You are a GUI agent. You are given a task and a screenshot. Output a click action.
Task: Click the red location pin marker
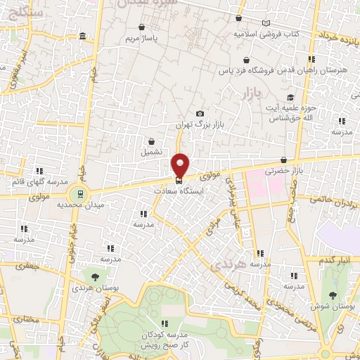181,164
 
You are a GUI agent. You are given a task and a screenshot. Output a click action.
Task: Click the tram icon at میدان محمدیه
80,193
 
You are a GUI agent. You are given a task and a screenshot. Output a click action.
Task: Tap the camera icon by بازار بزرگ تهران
200,114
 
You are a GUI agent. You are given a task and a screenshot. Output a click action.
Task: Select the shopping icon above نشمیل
150,141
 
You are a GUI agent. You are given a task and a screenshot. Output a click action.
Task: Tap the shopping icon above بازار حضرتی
283,160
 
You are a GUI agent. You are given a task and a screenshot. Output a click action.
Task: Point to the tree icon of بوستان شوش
333,295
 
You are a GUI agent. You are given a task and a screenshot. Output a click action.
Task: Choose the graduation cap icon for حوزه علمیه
290,97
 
